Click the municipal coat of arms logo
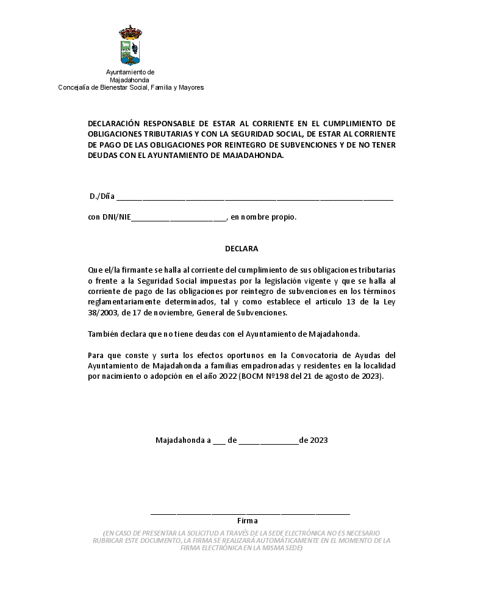(x=130, y=46)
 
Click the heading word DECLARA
(x=241, y=249)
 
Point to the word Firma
(x=248, y=521)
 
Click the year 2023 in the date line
(x=319, y=440)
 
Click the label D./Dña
(x=102, y=196)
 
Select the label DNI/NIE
(x=116, y=217)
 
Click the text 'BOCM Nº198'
(x=263, y=376)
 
